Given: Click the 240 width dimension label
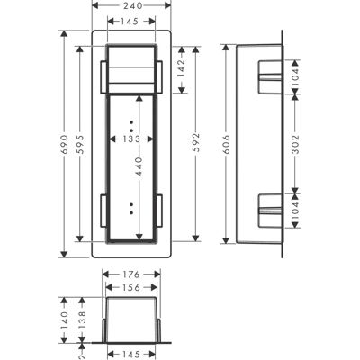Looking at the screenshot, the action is click(131, 5).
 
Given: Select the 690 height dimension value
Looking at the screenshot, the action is click(65, 145).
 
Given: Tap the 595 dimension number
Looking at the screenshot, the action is click(80, 145).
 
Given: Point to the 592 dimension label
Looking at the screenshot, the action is click(196, 142).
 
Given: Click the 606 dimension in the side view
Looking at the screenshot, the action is click(227, 144).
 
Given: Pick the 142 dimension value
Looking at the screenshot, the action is click(182, 68).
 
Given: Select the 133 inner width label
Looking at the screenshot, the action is click(131, 139).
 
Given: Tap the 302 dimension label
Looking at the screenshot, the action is click(296, 144).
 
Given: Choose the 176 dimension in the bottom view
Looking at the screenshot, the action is click(131, 274).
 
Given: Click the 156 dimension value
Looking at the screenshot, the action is click(131, 287).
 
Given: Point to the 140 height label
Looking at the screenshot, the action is click(65, 319).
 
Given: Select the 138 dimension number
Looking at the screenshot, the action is click(82, 319).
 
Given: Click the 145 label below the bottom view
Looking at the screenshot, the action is click(131, 355).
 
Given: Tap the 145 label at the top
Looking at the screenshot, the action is click(131, 22).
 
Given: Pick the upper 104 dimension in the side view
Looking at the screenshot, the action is click(296, 77).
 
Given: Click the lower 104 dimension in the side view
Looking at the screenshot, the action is click(296, 210).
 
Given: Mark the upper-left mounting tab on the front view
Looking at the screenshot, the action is click(103, 76).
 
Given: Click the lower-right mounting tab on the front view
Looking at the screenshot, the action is click(159, 211).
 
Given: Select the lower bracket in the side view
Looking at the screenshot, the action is click(270, 211).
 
